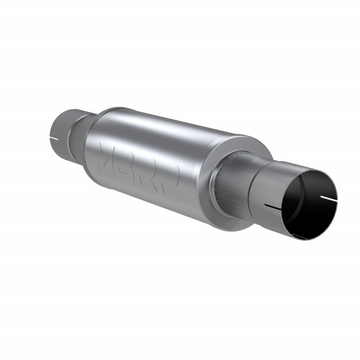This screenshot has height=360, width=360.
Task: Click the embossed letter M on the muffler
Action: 108,155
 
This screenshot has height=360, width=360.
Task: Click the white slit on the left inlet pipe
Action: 54,137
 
